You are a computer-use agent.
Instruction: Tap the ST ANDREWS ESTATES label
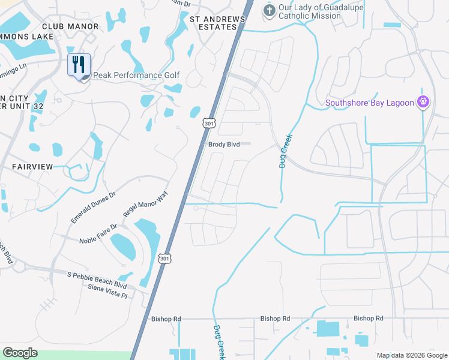click(217, 23)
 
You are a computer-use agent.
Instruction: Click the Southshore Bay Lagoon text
click(369, 103)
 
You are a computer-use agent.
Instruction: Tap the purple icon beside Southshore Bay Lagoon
click(423, 102)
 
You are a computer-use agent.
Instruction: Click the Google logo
click(20, 353)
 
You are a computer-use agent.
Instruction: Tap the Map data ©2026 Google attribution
click(411, 355)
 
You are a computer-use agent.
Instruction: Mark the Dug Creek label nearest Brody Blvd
click(285, 150)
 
